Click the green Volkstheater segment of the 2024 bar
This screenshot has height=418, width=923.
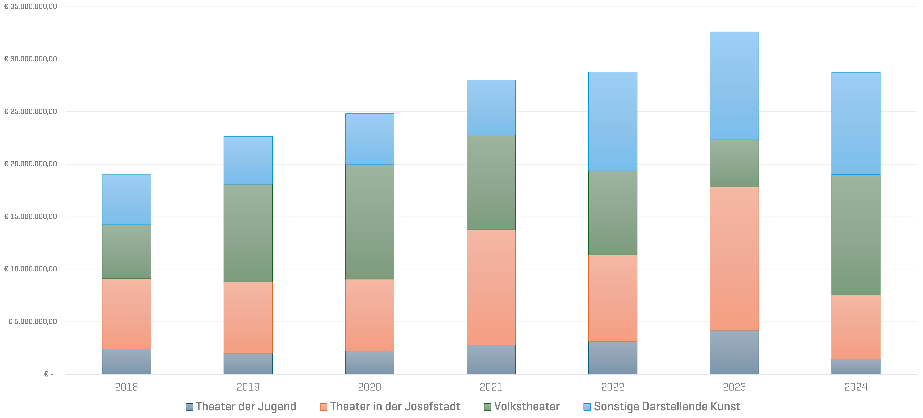(856, 235)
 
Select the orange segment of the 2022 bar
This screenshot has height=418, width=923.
(613, 298)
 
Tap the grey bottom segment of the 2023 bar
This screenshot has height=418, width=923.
(734, 352)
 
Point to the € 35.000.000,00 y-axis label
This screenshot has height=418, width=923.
(30, 6)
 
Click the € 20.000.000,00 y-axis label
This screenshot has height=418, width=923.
(30, 164)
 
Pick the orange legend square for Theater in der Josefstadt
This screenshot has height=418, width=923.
(324, 407)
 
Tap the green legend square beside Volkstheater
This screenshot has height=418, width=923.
(487, 407)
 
